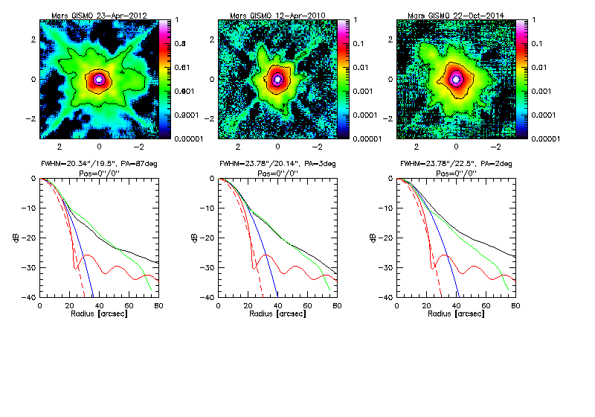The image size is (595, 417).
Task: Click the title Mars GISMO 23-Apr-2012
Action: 99,14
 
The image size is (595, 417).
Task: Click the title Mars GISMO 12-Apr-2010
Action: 277,14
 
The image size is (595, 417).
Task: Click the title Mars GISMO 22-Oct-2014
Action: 457,14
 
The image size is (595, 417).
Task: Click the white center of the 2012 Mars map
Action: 99,79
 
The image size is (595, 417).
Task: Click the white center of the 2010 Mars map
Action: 277,79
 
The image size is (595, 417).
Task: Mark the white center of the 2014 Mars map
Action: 457,79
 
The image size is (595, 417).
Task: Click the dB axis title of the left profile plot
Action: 16,238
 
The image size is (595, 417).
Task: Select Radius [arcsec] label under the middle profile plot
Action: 277,313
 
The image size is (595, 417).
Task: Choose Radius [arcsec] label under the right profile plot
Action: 455,313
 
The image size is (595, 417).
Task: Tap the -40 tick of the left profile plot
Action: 30,296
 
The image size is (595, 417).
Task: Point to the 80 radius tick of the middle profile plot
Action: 337,305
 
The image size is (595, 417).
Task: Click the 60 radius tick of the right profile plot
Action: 486,305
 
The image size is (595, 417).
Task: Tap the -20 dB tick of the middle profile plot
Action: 208,238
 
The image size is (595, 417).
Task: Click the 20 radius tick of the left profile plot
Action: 69,305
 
